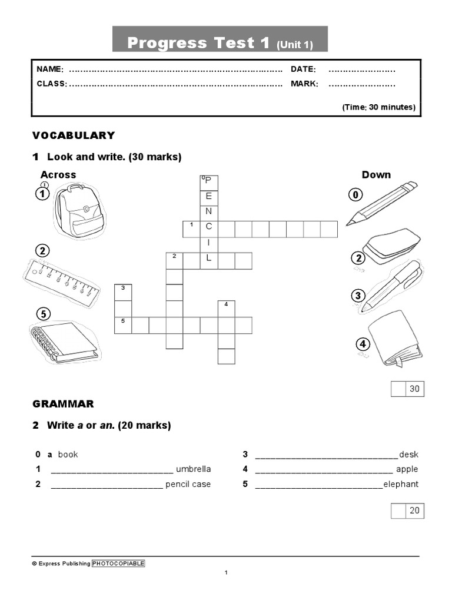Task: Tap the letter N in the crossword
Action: [x=208, y=211]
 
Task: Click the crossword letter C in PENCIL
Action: [x=208, y=227]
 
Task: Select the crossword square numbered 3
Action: [x=123, y=291]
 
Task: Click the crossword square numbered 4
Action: [x=226, y=308]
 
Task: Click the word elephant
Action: [x=401, y=484]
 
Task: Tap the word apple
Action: [x=407, y=469]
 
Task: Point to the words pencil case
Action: [x=188, y=484]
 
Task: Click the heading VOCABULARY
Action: [x=74, y=135]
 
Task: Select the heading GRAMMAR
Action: [x=63, y=404]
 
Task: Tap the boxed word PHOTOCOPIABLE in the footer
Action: [x=118, y=564]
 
